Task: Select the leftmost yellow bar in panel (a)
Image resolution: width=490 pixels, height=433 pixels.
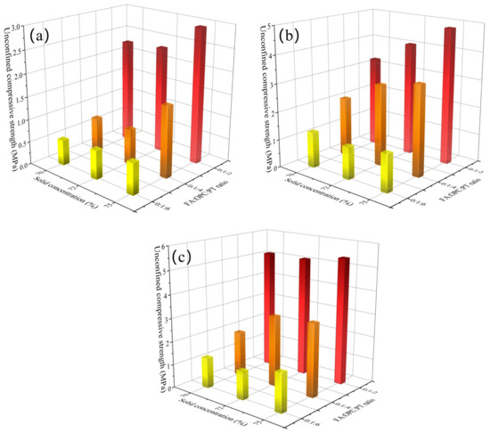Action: point(63,151)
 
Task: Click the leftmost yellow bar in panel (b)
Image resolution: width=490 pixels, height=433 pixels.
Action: point(313,148)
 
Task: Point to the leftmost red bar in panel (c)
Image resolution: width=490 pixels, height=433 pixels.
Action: point(269,307)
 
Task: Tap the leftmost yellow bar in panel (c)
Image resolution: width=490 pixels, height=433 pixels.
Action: point(208,371)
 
